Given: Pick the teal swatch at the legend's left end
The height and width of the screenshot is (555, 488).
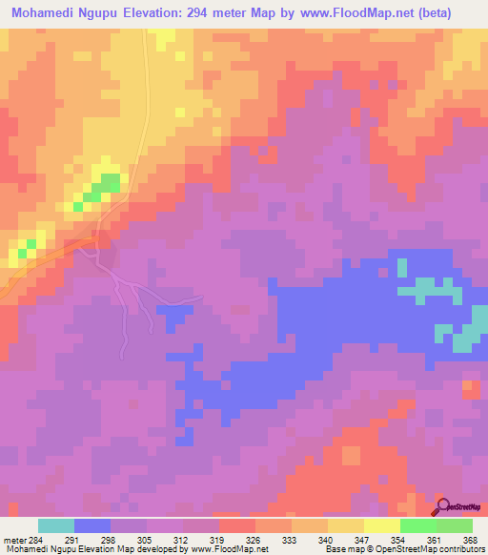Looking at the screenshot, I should click(56, 525).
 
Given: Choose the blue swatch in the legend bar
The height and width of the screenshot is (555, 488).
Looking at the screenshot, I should click(92, 525).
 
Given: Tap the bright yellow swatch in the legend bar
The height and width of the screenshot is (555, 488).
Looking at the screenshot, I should click(381, 525).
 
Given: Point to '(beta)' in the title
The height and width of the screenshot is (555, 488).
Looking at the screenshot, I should click(454, 13).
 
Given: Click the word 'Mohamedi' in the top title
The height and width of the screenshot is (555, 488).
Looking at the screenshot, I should click(45, 13).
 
